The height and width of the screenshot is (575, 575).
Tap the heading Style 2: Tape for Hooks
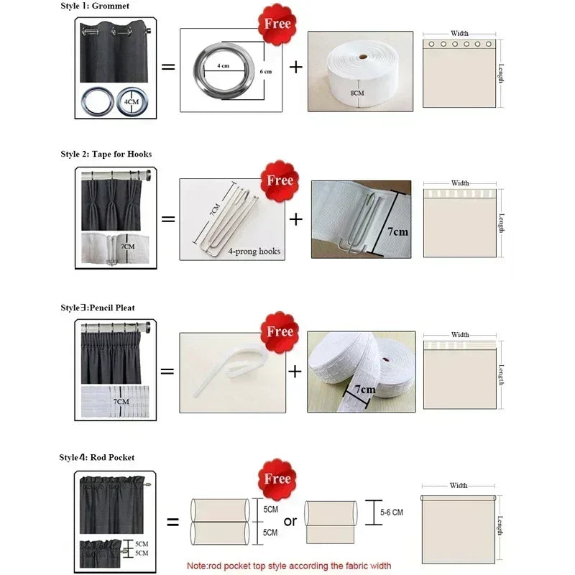pyautogui.click(x=106, y=154)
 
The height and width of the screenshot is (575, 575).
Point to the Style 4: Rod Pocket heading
pyautogui.click(x=96, y=457)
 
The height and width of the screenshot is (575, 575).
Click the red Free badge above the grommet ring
pyautogui.click(x=277, y=24)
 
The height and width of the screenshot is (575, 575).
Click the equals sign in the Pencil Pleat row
pyautogui.click(x=167, y=372)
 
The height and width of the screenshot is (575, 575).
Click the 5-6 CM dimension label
pyautogui.click(x=391, y=512)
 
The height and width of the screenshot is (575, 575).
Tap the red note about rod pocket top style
pyautogui.click(x=288, y=566)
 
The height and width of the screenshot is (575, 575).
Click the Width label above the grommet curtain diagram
pyautogui.click(x=460, y=33)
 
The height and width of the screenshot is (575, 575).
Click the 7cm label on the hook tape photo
pyautogui.click(x=397, y=232)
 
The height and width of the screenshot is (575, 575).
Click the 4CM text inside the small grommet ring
pyautogui.click(x=132, y=103)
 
